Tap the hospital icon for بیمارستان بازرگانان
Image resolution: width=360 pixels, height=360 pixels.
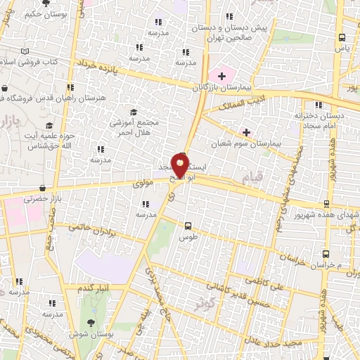pyautogui.click(x=222, y=75)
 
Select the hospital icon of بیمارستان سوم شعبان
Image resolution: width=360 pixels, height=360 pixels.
pyautogui.click(x=246, y=131)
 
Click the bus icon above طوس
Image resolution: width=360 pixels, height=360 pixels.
pyautogui.click(x=188, y=226)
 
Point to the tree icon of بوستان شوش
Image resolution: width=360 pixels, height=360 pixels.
pyautogui.click(x=91, y=323)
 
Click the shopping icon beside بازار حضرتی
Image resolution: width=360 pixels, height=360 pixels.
pyautogui.click(x=44, y=188)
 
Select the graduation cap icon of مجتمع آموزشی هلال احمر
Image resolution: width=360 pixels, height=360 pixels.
pyautogui.click(x=134, y=112)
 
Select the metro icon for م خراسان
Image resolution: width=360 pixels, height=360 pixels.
pyautogui.click(x=326, y=254)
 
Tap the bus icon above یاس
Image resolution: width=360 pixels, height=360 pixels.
pyautogui.click(x=342, y=37)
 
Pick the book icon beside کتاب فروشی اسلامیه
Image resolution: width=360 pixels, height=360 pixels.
pyautogui.click(x=26, y=51)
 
